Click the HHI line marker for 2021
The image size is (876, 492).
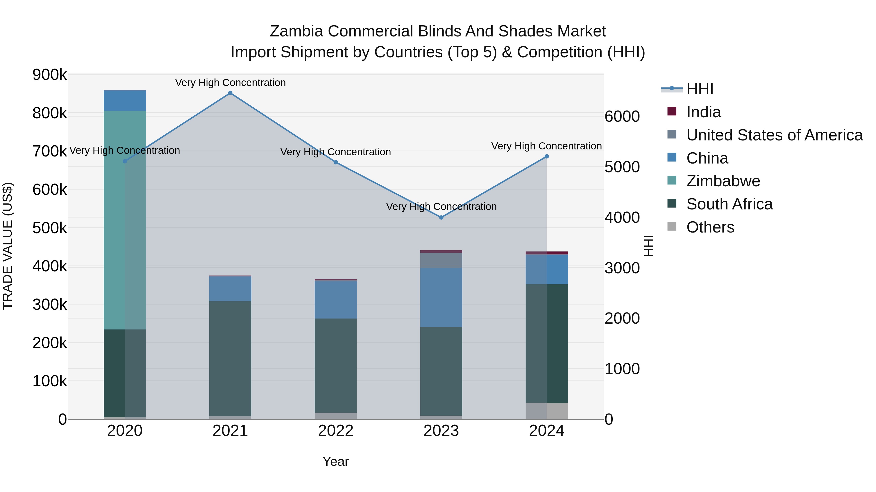tap(230, 93)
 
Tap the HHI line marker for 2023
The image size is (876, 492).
tap(441, 217)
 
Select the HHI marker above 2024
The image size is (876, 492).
tap(547, 156)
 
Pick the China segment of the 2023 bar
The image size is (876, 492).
tap(441, 297)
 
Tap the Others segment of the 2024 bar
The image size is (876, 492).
tap(547, 411)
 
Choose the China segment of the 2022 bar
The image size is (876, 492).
tap(336, 300)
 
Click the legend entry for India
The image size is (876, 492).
tap(703, 112)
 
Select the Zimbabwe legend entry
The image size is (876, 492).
tap(723, 181)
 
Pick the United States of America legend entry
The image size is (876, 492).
tap(774, 135)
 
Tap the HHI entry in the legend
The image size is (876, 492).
tap(700, 89)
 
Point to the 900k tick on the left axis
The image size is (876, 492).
tap(50, 75)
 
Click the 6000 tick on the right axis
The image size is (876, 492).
tap(622, 116)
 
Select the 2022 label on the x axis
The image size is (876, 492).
tap(336, 431)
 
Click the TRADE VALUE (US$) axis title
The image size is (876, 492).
tap(8, 246)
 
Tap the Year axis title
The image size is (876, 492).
tap(336, 461)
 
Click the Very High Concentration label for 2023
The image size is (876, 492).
tap(441, 207)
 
